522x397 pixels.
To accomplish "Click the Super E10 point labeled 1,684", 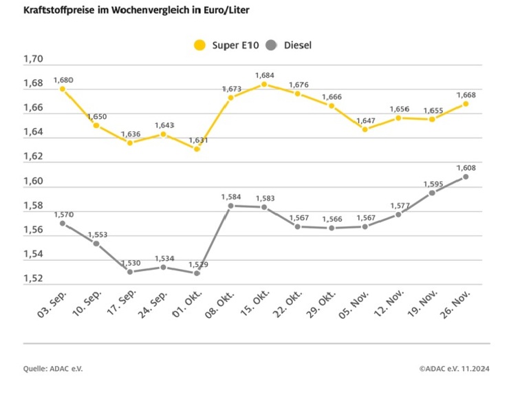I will click(x=264, y=85).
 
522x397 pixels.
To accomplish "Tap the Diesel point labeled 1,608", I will click(x=466, y=177).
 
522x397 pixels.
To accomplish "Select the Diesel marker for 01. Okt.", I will click(x=197, y=273).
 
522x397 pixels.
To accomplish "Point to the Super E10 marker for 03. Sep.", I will click(x=63, y=89).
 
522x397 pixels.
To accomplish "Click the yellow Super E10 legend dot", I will click(x=200, y=45).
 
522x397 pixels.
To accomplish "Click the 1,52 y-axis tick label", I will click(x=33, y=279).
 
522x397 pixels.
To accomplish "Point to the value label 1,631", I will click(x=197, y=140).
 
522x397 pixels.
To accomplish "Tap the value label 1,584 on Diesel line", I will click(x=230, y=197).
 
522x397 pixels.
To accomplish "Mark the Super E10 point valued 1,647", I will click(x=365, y=129).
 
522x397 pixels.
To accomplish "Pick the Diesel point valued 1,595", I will click(x=432, y=193).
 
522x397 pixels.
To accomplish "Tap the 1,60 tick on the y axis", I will click(x=33, y=182).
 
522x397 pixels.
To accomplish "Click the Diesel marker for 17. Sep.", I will click(x=129, y=272).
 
